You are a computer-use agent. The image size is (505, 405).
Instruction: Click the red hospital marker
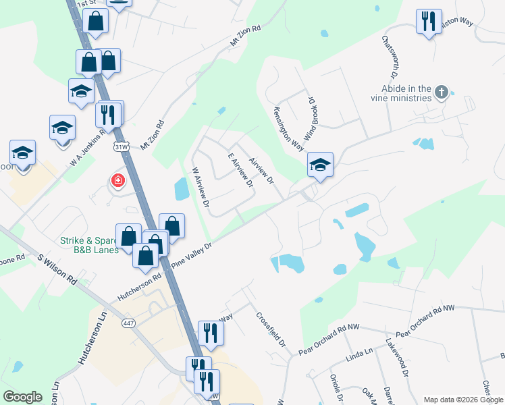[x=117, y=180]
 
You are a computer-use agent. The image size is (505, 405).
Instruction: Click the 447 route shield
[x=129, y=323]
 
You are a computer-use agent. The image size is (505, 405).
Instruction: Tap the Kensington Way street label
[x=288, y=127]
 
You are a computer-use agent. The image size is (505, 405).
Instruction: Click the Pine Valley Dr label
[x=192, y=255]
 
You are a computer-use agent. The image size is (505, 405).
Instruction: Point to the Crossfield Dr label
[x=271, y=329]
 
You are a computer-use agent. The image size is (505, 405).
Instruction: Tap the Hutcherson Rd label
[x=139, y=287]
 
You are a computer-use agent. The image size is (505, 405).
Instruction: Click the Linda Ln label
[x=359, y=353]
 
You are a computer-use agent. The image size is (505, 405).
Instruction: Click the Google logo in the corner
[x=22, y=397]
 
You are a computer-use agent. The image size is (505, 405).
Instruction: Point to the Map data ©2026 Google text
[x=462, y=400]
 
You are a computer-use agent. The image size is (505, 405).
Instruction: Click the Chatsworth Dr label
[x=390, y=56]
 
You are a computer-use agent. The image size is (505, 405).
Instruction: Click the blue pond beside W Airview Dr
[x=182, y=190]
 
